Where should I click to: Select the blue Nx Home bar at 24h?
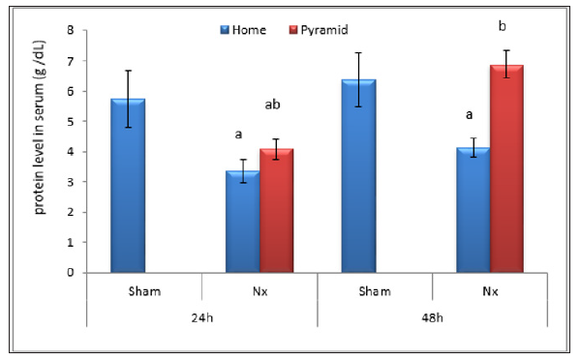coord(242,222)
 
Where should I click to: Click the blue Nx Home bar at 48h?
coord(472,210)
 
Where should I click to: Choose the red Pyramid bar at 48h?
coord(506,168)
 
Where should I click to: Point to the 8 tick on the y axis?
coord(70,31)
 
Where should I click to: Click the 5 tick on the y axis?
coord(70,122)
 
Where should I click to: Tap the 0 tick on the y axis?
coord(70,273)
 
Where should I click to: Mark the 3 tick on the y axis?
coord(70,182)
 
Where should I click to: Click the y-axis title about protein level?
coord(44,151)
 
